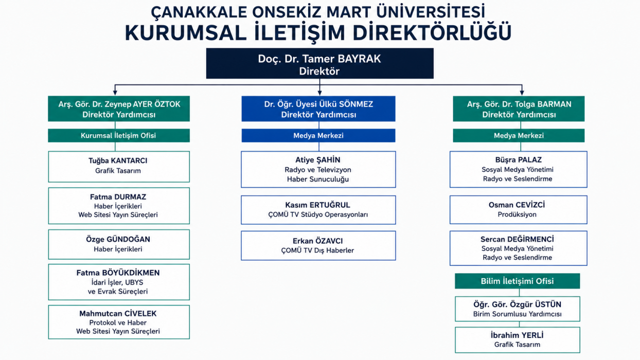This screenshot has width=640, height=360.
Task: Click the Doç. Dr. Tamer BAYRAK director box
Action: click(x=319, y=63)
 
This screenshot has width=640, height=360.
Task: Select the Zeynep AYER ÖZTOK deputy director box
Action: click(x=119, y=109)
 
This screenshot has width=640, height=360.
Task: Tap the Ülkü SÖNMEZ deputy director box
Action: click(x=318, y=109)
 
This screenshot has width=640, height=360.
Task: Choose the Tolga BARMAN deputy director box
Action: click(x=519, y=109)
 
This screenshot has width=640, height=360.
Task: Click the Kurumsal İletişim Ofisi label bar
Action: click(x=119, y=135)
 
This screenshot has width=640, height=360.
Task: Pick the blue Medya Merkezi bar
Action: click(x=318, y=135)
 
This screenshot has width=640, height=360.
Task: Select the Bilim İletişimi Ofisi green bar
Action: click(x=518, y=281)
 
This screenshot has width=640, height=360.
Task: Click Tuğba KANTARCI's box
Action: click(x=119, y=167)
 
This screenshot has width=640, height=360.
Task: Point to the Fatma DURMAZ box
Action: click(x=119, y=206)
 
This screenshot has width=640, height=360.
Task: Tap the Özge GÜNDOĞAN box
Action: click(x=119, y=244)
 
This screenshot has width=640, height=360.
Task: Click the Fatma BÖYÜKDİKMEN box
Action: click(x=119, y=282)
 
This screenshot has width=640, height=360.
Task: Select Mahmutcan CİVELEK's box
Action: click(x=119, y=322)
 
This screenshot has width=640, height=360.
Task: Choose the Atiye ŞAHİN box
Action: click(x=318, y=169)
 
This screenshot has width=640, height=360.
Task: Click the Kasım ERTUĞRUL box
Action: click(x=318, y=210)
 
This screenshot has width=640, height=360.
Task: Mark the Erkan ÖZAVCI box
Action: click(x=318, y=246)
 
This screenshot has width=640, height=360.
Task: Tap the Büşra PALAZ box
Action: click(x=519, y=169)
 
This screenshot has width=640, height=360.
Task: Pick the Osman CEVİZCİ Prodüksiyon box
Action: click(x=519, y=210)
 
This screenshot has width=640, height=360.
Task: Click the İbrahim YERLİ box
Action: click(x=518, y=340)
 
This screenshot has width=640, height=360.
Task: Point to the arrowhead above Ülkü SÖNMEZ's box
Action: click(x=319, y=93)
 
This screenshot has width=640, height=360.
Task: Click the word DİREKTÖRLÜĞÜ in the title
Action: click(x=432, y=33)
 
